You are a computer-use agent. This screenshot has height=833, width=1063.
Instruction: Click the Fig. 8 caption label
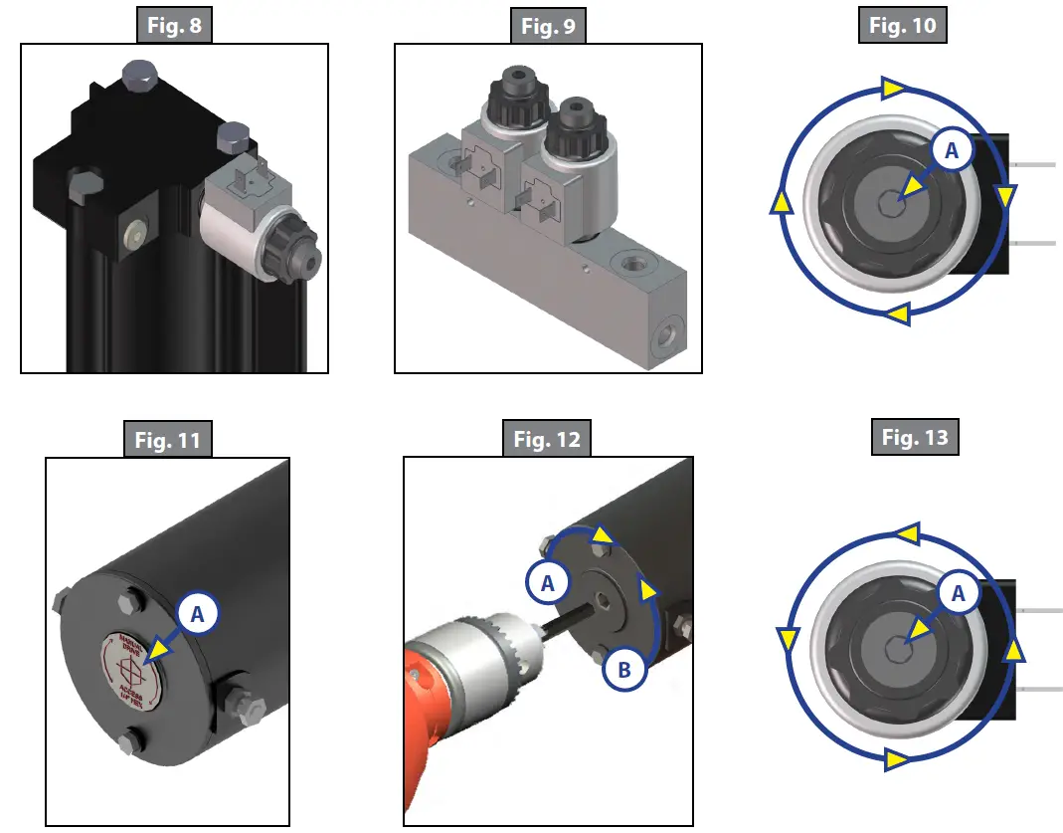tap(174, 26)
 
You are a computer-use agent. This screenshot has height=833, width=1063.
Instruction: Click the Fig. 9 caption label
tap(548, 26)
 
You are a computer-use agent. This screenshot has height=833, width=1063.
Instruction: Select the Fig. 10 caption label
tap(902, 26)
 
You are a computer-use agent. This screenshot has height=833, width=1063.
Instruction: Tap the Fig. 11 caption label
tap(167, 439)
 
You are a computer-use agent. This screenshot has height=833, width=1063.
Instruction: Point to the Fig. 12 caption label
tap(546, 438)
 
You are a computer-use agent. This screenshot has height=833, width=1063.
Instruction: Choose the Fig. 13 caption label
tap(915, 437)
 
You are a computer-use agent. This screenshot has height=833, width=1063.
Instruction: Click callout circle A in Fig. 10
tap(951, 150)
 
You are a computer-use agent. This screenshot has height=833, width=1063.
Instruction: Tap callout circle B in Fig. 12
tap(624, 671)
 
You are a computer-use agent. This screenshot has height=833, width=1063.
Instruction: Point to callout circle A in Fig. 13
tap(958, 593)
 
